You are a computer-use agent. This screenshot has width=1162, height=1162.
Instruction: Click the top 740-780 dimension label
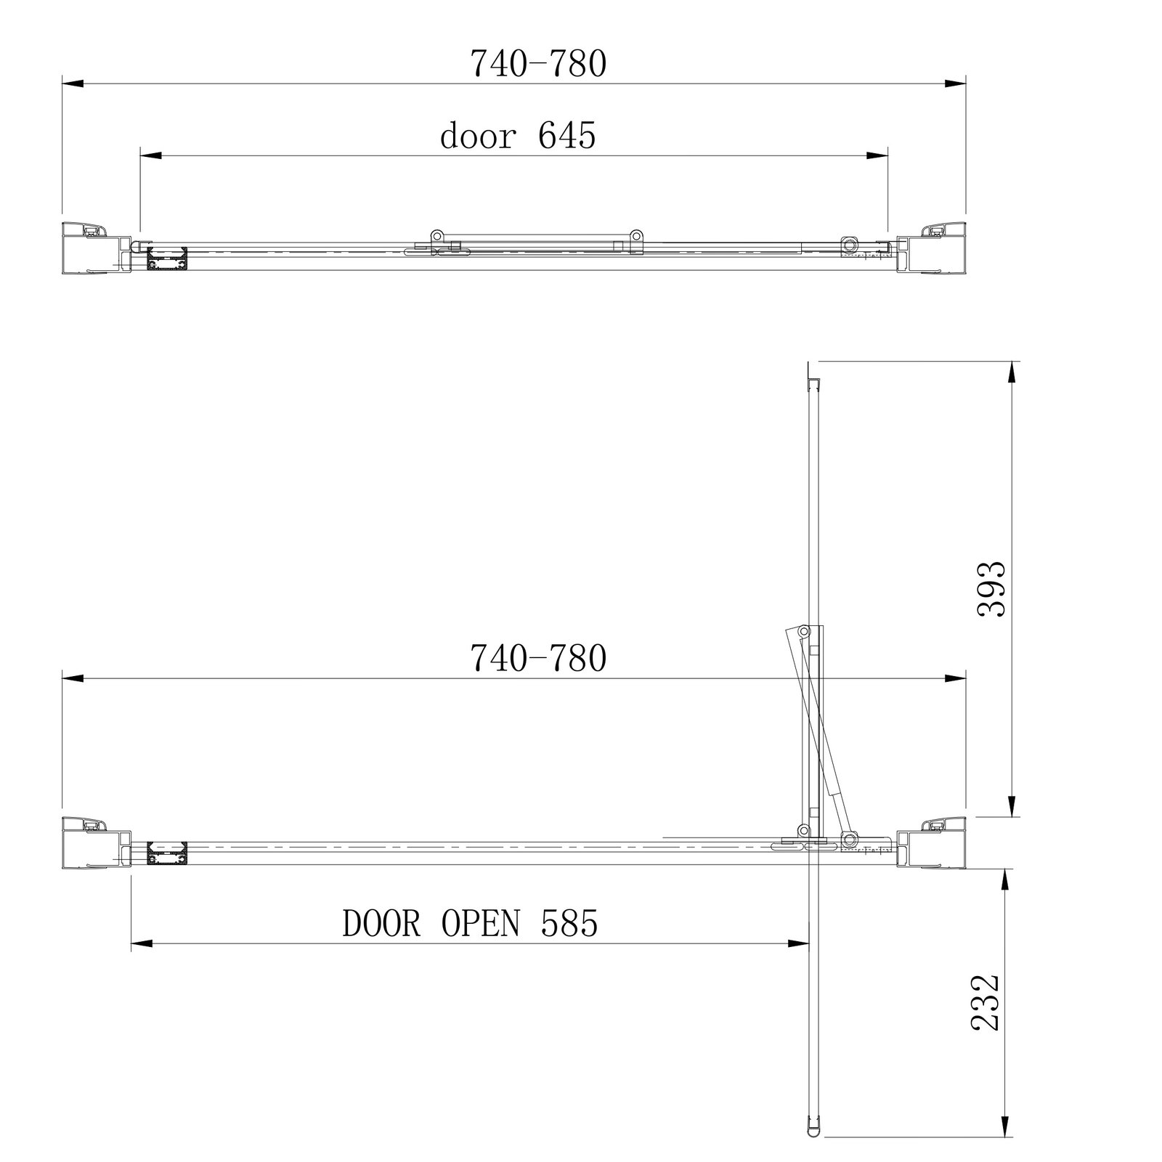pyautogui.click(x=538, y=64)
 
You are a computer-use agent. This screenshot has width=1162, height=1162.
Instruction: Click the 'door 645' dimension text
pyautogui.click(x=518, y=136)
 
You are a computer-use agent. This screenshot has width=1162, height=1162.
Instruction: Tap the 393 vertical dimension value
pyautogui.click(x=991, y=589)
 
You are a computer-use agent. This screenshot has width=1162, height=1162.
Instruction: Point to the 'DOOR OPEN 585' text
pyautogui.click(x=470, y=925)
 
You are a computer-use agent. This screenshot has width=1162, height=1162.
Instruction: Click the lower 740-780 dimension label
pyautogui.click(x=538, y=659)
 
